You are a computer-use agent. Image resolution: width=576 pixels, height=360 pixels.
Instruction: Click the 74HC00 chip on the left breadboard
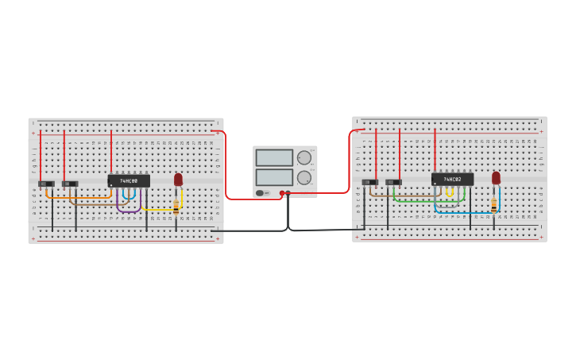pos(129,181)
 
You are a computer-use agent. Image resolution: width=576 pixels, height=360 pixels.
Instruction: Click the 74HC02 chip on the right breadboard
pos(452,180)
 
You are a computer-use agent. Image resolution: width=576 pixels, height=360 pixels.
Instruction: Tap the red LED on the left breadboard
pos(178,180)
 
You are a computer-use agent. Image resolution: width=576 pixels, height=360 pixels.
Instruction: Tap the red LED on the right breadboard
pos(496,178)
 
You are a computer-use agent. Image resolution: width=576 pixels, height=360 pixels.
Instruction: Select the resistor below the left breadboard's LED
pos(176,207)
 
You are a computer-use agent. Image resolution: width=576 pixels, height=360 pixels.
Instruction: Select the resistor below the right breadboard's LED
pos(493,205)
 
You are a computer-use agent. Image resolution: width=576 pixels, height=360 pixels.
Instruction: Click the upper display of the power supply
pos(274,157)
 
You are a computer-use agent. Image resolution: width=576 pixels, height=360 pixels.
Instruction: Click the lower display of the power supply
pos(274,176)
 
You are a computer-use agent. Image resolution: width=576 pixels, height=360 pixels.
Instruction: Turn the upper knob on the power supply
pos(304,157)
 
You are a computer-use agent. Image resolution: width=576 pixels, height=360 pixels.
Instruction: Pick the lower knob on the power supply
pos(304,177)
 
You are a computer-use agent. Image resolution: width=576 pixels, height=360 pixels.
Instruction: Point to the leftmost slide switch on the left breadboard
pos(46,184)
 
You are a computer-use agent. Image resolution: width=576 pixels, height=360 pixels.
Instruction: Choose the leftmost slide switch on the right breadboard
pos(369,182)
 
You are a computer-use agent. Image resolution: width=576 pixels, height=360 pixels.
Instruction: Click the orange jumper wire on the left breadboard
pos(79,197)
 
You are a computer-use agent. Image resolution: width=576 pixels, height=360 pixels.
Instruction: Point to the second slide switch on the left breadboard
pos(70,184)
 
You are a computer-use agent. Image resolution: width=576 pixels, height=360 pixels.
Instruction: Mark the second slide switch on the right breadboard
pos(393,182)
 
